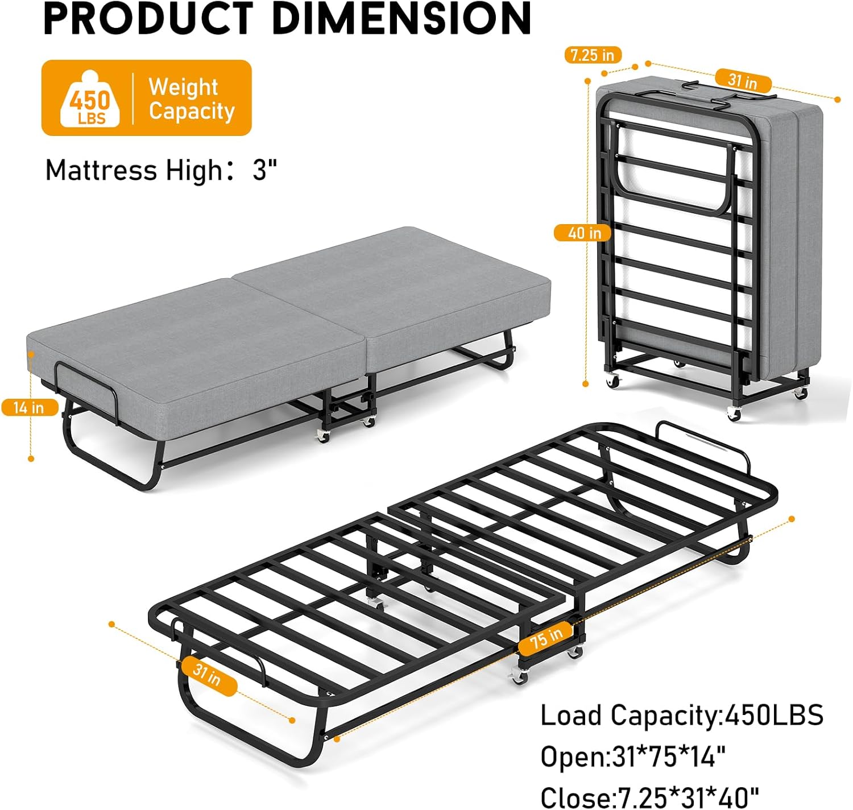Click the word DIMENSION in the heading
[x=401, y=18]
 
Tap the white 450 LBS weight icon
[x=90, y=100]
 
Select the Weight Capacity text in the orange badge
[x=191, y=99]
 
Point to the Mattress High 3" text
[x=161, y=170]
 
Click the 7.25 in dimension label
[x=593, y=55]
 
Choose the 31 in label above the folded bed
[x=742, y=81]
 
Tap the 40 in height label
[x=584, y=233]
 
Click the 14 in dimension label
[x=29, y=407]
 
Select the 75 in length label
[x=546, y=638]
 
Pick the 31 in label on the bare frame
[x=207, y=675]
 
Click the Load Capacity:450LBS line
[x=681, y=715]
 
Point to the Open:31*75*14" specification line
[x=632, y=757]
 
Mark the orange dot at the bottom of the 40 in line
[x=586, y=385]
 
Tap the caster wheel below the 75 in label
[x=519, y=676]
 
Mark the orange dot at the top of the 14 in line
[x=31, y=354]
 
